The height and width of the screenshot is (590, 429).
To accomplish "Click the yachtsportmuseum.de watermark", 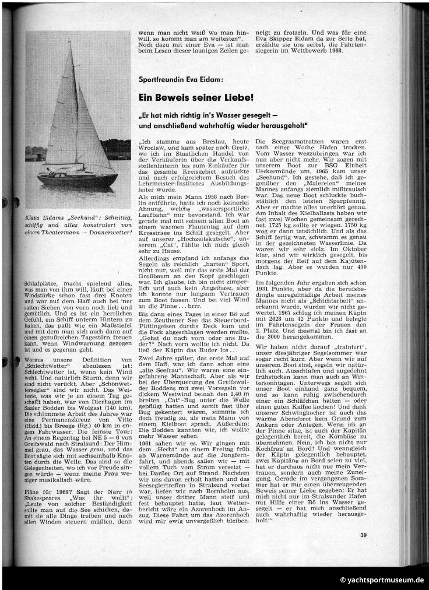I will click(382, 580).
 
